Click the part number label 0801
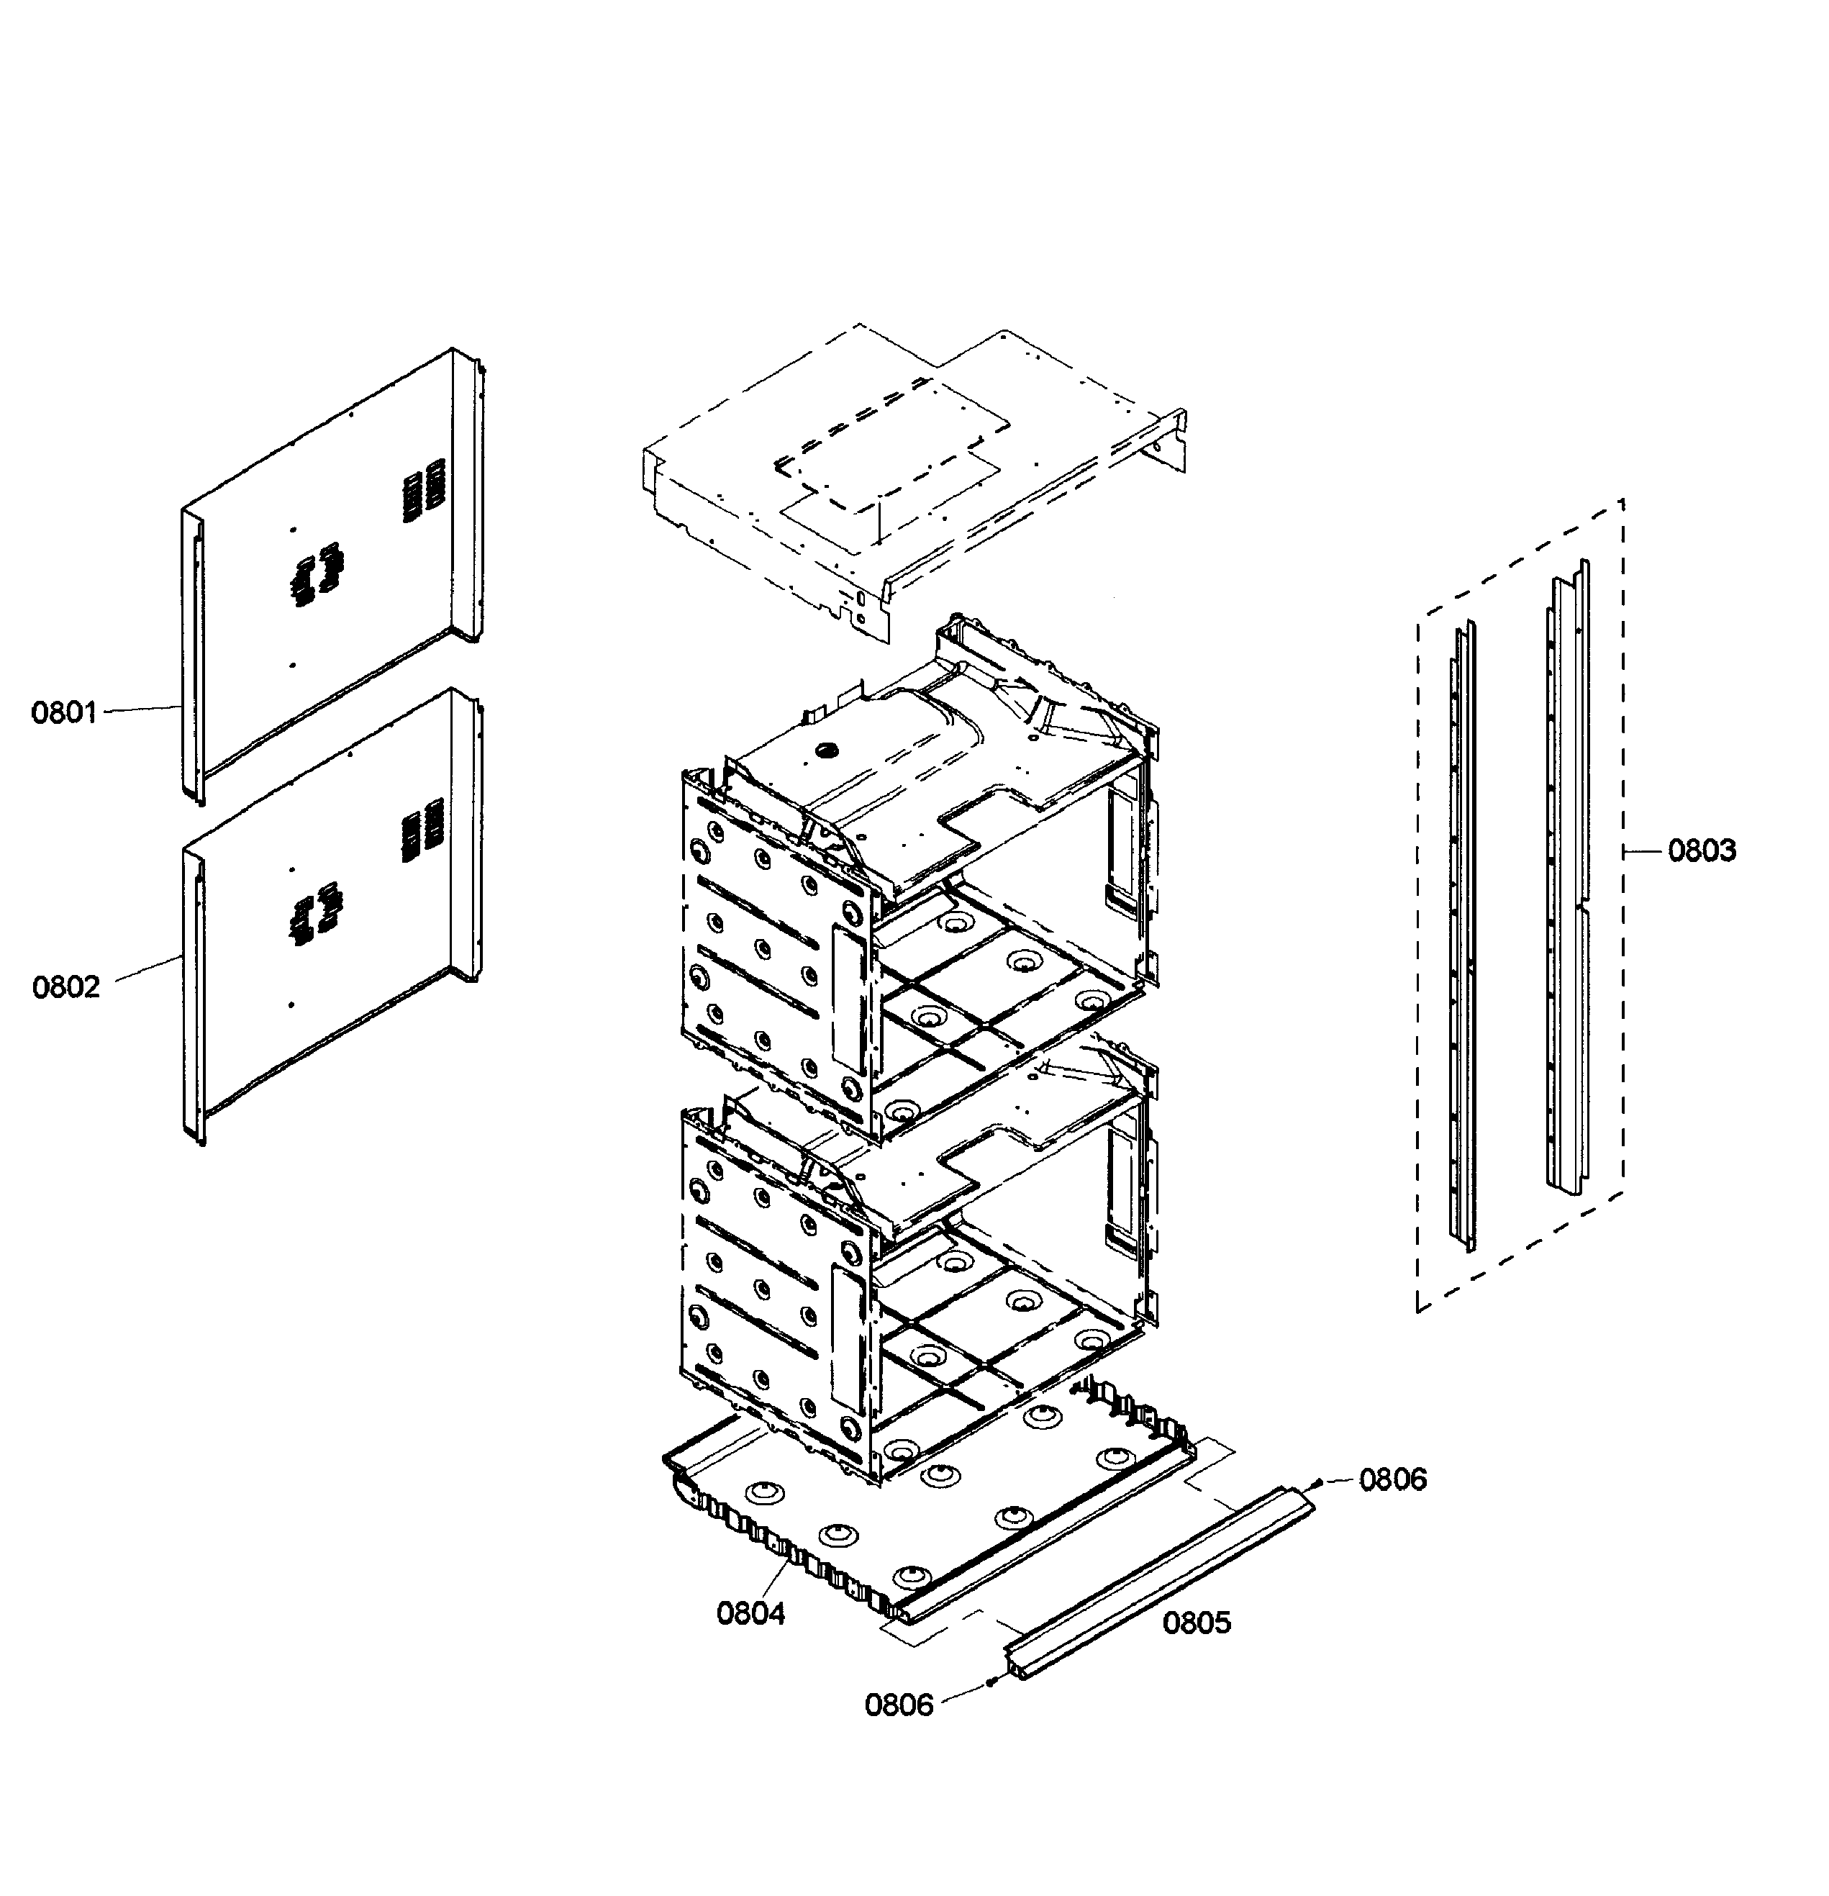[64, 713]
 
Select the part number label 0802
[65, 988]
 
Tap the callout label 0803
[1702, 851]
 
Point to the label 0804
[750, 1613]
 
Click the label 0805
[1197, 1623]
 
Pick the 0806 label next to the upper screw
[1393, 1479]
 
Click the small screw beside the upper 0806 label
[1320, 1482]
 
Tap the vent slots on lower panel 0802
[422, 830]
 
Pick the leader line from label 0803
[1643, 851]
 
